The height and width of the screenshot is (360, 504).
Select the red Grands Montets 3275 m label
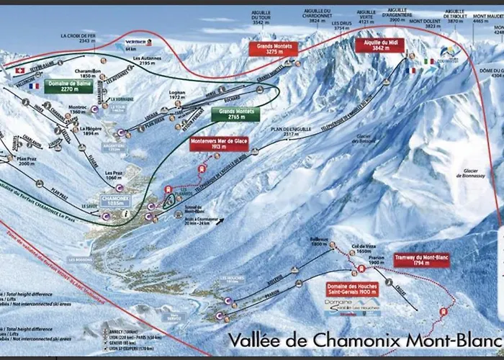click(x=271, y=48)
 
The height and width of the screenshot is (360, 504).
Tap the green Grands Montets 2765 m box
click(x=234, y=114)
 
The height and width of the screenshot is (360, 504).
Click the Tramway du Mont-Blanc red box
click(x=421, y=259)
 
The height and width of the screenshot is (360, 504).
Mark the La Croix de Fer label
click(x=78, y=38)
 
